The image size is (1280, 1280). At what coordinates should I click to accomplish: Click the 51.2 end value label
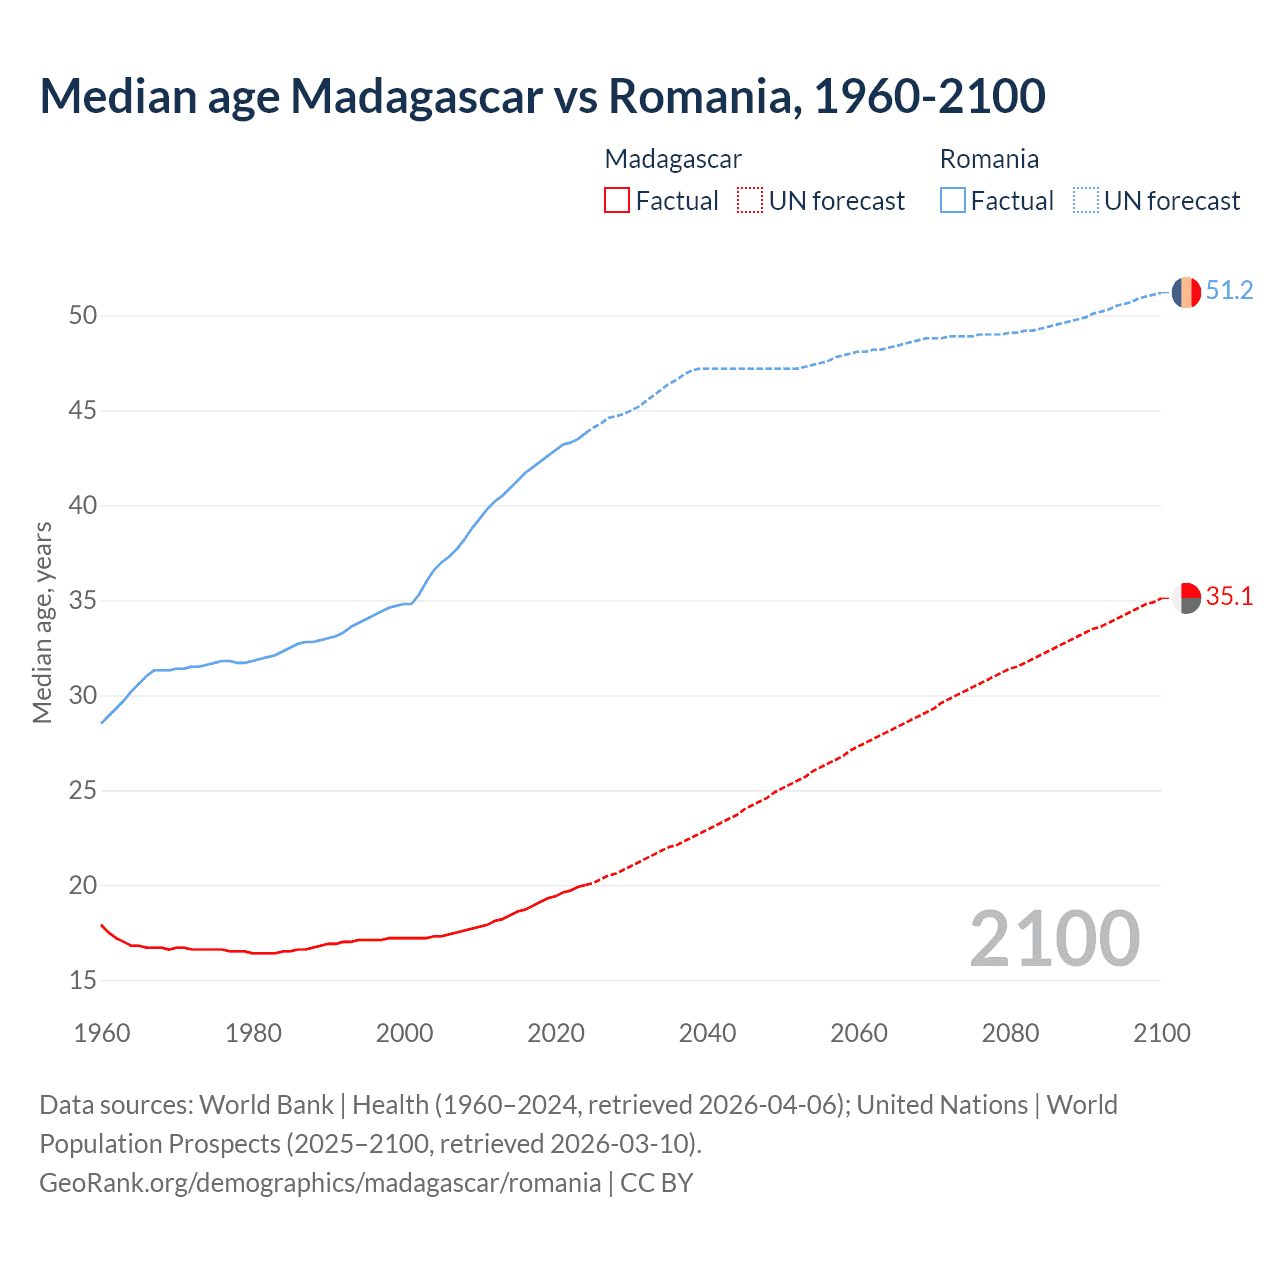1229,291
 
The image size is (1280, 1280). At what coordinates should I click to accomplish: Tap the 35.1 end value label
1229,597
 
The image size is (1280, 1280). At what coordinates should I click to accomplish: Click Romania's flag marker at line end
1186,292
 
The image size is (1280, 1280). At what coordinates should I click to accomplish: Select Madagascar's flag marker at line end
1186,598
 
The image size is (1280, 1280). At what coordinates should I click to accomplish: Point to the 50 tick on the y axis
83,316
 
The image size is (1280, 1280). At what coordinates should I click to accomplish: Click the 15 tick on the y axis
83,981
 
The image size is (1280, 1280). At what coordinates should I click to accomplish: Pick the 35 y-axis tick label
83,601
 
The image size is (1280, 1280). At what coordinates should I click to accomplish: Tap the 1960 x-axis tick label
102,1033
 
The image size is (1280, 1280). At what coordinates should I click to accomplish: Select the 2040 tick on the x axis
707,1033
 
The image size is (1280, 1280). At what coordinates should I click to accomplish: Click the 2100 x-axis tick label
1161,1033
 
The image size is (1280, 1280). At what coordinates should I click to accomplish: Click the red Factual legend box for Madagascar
617,201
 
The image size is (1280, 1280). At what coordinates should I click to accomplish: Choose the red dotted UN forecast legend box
750,201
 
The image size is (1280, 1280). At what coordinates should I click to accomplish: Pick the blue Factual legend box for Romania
952,201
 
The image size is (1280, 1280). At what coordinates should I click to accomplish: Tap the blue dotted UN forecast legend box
1085,201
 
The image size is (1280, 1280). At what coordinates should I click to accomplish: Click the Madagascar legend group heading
673,159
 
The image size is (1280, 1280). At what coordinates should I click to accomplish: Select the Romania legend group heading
989,159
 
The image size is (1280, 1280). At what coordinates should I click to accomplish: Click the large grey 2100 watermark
1054,939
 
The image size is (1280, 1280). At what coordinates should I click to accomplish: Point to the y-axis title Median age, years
43,622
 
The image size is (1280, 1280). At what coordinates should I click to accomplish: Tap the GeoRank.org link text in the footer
320,1183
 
